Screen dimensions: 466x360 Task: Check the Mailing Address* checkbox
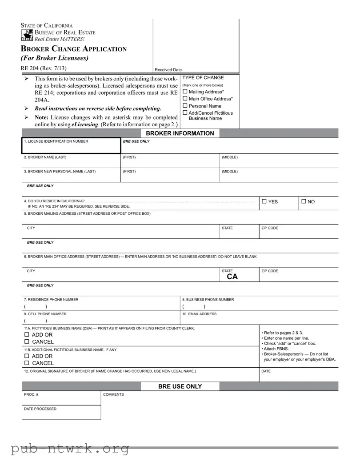(185, 92)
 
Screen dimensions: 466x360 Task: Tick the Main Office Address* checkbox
(185, 99)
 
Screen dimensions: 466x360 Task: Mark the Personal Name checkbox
(185, 106)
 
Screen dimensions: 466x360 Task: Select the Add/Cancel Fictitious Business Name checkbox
(185, 113)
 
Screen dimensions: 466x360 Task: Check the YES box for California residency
(264, 201)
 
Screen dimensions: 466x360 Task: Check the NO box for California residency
(304, 201)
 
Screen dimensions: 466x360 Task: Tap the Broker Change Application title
(74, 49)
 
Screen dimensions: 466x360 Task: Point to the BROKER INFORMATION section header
(180, 133)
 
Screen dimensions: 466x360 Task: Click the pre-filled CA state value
(232, 277)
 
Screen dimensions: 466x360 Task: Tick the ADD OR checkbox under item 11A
(27, 334)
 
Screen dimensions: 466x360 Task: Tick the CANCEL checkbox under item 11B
(27, 363)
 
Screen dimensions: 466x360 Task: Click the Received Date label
(168, 70)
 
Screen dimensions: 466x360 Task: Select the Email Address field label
(200, 314)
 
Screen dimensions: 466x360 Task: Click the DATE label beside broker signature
(266, 371)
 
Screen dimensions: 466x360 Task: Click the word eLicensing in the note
(84, 125)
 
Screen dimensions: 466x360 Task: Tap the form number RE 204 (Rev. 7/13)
(44, 68)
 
